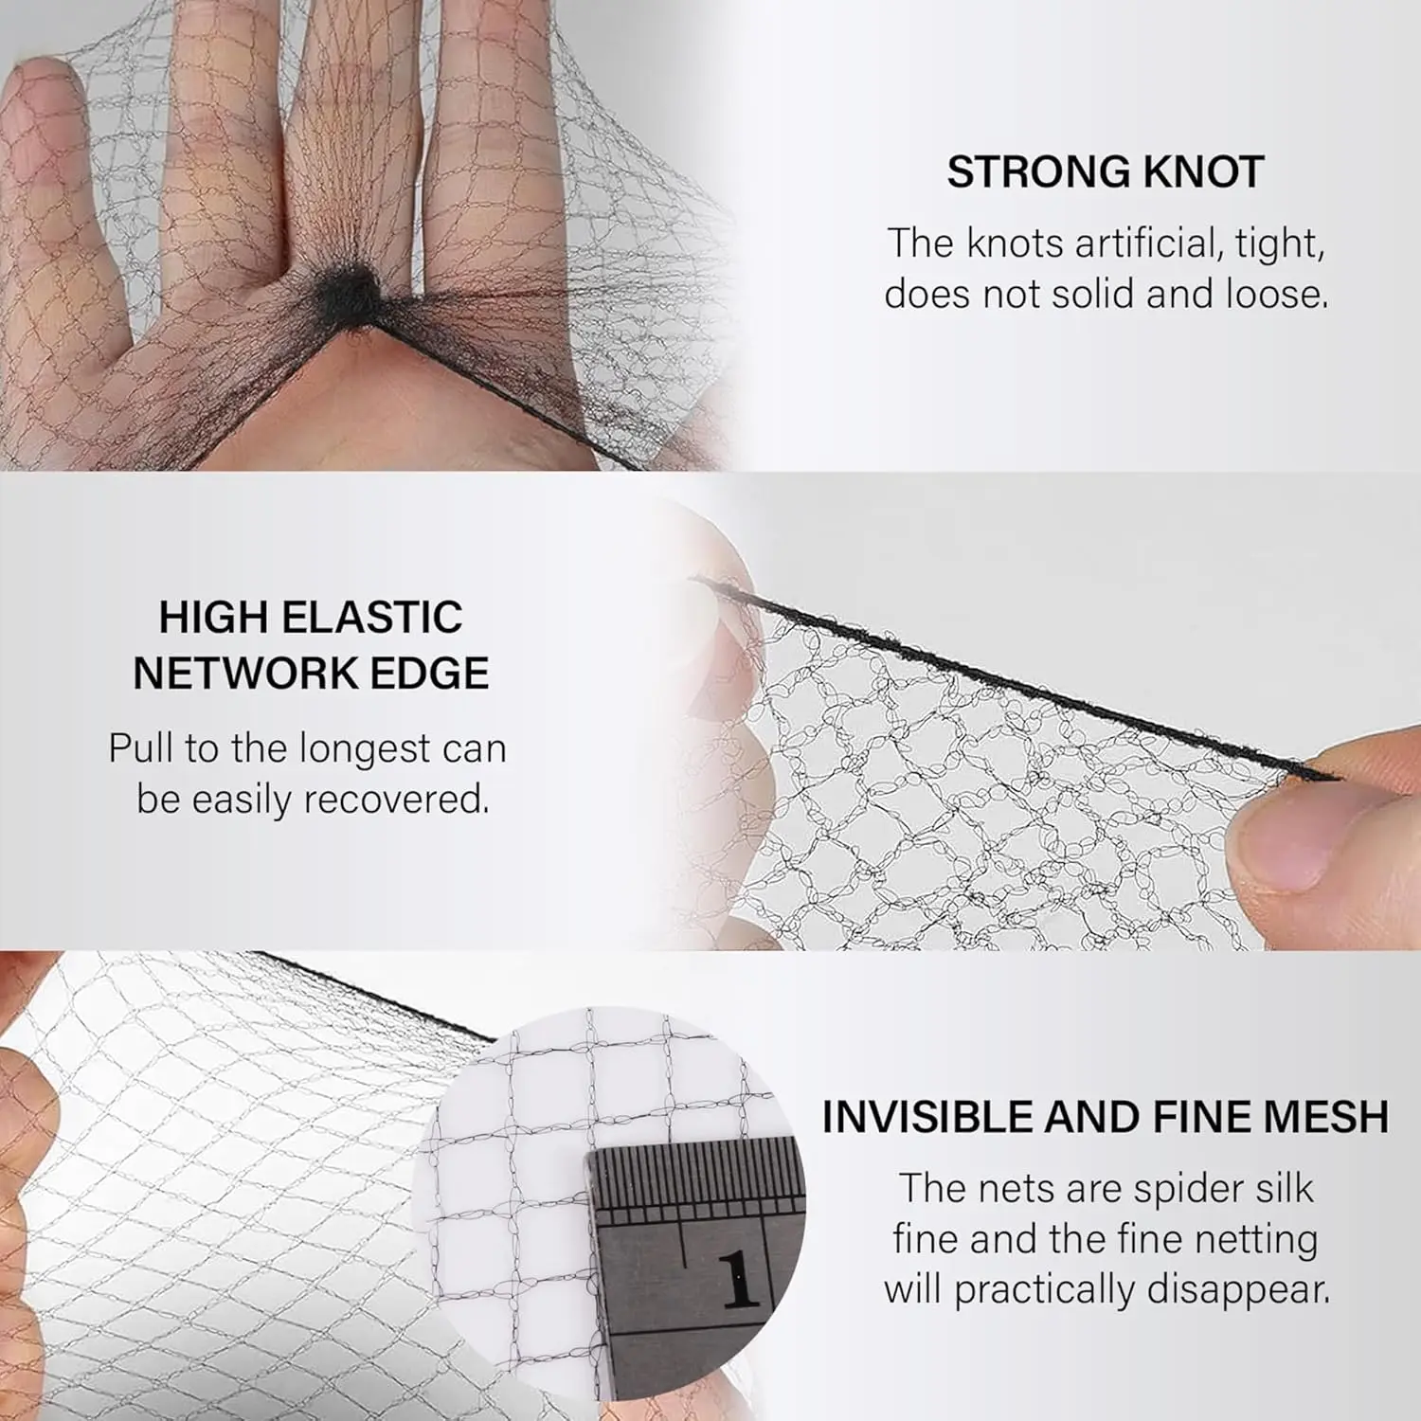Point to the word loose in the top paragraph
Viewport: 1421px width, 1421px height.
coord(1276,294)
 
